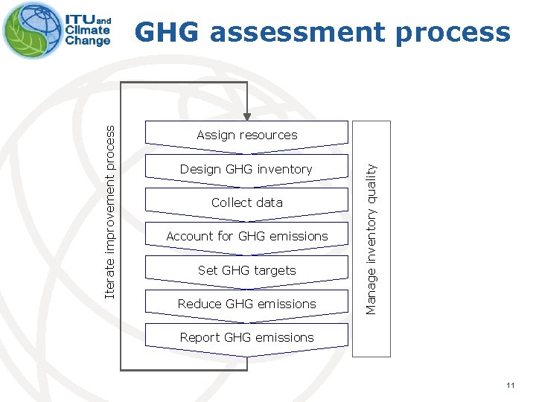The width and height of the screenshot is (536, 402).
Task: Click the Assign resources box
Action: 246,135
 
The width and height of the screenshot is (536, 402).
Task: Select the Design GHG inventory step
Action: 246,169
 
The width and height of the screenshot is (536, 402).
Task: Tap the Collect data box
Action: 246,202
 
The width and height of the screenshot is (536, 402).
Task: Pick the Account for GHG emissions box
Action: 246,236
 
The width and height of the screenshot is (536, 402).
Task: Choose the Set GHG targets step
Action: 246,270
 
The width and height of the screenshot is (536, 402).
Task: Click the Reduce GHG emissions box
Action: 246,304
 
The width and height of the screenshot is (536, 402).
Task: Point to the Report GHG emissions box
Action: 246,337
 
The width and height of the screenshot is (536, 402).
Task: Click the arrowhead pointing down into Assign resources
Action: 246,116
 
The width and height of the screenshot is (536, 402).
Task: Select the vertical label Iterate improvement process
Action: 110,212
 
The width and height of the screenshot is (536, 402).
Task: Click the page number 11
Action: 510,385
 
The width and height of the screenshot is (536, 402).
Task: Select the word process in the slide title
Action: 462,32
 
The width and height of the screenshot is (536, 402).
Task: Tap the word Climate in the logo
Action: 88,31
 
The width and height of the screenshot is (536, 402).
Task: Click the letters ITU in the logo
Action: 80,19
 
